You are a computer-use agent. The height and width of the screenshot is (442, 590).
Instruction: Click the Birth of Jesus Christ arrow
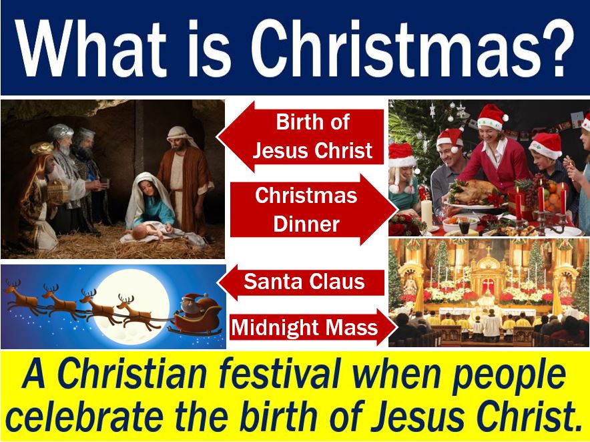(300, 136)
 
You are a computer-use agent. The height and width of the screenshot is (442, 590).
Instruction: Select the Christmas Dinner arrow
(314, 210)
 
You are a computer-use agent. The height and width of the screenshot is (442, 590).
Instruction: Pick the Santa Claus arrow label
(301, 282)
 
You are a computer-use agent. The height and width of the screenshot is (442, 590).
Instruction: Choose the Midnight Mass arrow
(313, 326)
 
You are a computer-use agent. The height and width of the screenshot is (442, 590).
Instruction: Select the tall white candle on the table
(426, 213)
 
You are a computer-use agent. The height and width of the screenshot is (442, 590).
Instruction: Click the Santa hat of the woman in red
(491, 117)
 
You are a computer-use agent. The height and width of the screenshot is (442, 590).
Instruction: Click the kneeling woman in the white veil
(151, 203)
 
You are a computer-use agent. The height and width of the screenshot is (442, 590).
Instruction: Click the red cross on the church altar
(488, 282)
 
